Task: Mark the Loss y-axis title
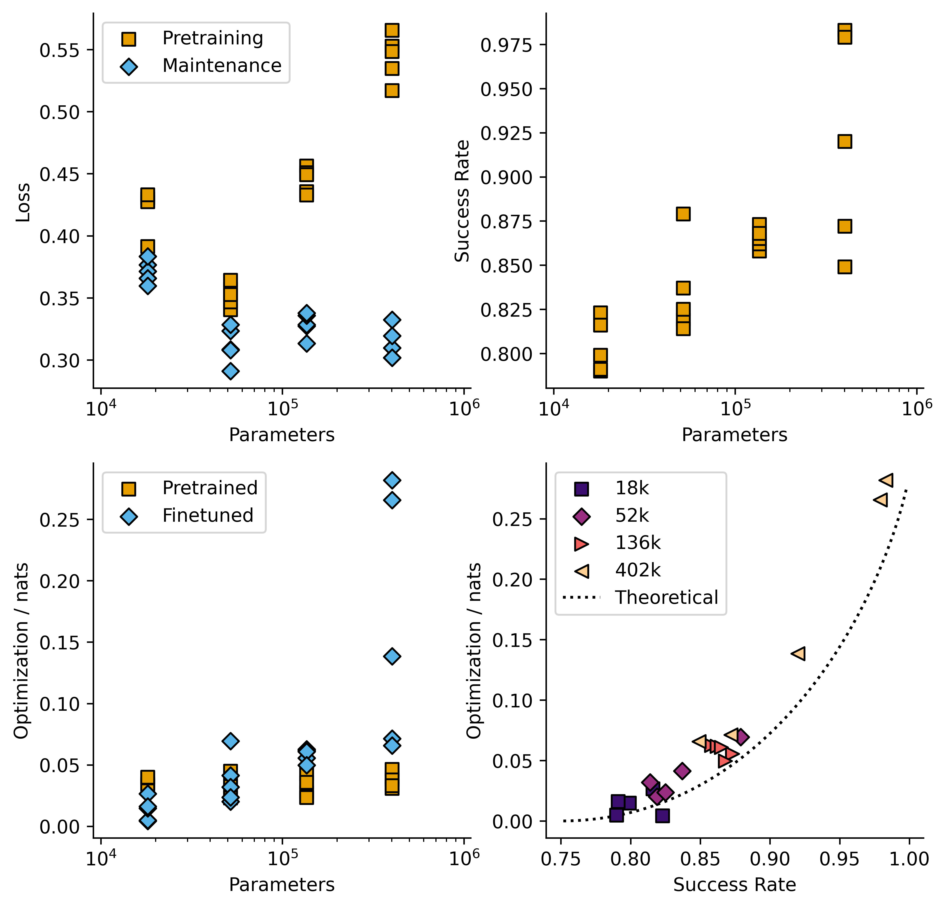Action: (23, 203)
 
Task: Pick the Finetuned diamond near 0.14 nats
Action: (392, 656)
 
